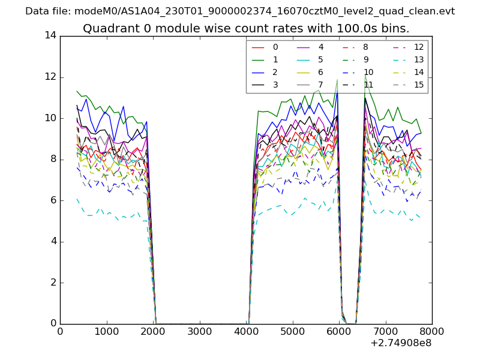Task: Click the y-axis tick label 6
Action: click(53, 200)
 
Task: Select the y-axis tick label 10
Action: click(50, 118)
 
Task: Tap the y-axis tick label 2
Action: click(53, 283)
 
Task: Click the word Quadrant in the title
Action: click(107, 29)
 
